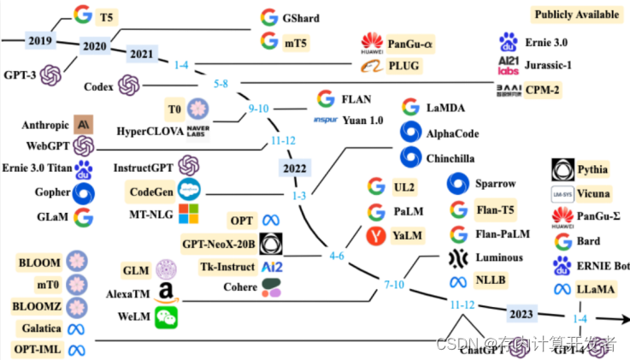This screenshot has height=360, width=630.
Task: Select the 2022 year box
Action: [295, 168]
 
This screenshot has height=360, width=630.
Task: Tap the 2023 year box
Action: [521, 312]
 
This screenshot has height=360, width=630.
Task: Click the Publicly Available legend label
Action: [575, 15]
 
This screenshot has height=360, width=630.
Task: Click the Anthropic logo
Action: [84, 123]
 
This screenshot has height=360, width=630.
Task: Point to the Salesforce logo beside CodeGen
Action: [188, 189]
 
